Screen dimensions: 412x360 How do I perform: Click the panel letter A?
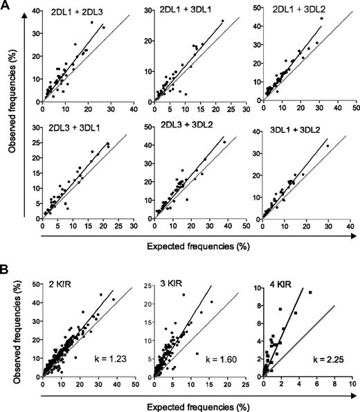tap(6, 6)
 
